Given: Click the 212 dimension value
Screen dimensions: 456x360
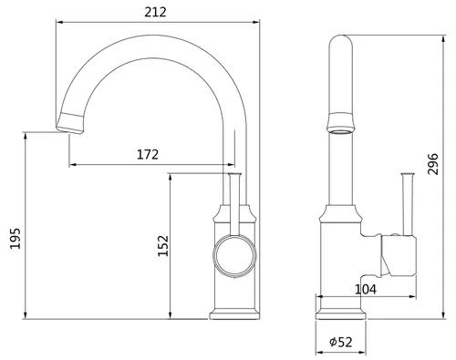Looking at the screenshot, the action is pyautogui.click(x=155, y=12).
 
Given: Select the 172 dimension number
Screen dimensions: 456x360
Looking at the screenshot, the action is pyautogui.click(x=148, y=155).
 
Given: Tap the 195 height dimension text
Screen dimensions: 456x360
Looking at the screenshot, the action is pyautogui.click(x=16, y=239).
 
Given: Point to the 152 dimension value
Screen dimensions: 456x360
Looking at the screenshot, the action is pyautogui.click(x=163, y=246).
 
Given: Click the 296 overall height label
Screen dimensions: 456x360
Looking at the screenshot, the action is pyautogui.click(x=433, y=164).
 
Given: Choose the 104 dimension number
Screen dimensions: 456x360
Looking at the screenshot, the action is pyautogui.click(x=366, y=289).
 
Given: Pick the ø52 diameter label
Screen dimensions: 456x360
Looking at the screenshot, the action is pyautogui.click(x=341, y=342).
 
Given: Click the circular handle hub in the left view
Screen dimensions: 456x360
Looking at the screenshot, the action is pyautogui.click(x=234, y=255).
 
